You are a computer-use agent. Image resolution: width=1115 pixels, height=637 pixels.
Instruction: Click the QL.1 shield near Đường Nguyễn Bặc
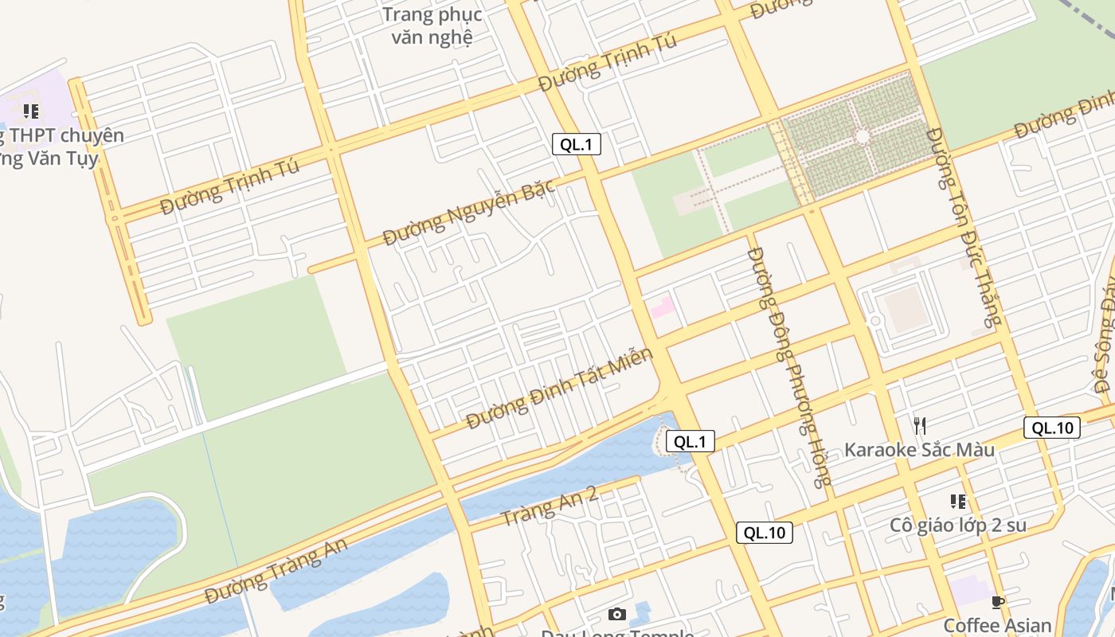[576, 144]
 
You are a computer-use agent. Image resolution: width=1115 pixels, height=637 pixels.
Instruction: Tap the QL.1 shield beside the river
[690, 441]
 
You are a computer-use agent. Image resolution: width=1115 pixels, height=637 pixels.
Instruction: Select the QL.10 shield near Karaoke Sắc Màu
[1053, 428]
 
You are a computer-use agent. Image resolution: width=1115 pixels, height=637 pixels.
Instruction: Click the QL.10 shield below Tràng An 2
[765, 533]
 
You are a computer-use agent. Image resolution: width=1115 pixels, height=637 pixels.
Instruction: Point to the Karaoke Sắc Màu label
[919, 449]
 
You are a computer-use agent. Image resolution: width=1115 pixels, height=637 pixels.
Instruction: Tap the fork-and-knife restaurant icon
[919, 425]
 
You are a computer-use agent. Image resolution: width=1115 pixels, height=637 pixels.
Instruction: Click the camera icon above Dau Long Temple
[616, 614]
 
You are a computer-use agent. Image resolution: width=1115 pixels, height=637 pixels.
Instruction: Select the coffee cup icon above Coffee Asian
[997, 602]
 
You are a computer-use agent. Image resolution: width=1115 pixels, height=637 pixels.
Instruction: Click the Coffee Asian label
[997, 625]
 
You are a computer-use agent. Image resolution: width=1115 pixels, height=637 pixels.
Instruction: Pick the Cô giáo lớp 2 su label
[957, 526]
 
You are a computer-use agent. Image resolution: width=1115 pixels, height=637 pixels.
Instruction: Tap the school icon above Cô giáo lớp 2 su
[957, 502]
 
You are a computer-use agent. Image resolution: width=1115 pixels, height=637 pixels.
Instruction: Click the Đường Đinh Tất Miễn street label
[559, 388]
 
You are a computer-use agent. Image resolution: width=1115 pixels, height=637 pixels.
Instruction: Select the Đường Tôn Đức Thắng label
[962, 227]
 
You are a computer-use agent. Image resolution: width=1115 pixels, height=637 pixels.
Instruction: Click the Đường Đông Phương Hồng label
[789, 366]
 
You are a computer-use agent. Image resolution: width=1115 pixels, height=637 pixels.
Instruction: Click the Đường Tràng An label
[276, 572]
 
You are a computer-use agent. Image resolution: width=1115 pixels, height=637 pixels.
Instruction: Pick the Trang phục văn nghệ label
[432, 25]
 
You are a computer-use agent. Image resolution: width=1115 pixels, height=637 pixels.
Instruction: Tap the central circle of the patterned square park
[862, 137]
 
